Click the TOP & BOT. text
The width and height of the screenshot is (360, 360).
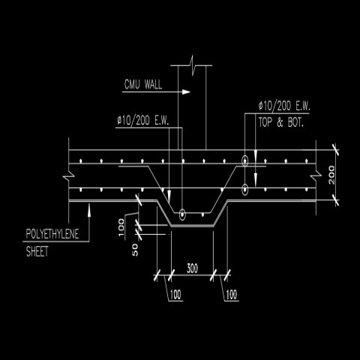pyautogui.click(x=280, y=120)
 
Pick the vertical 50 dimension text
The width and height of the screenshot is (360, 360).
pyautogui.click(x=136, y=250)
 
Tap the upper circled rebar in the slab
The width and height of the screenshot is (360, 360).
pyautogui.click(x=245, y=160)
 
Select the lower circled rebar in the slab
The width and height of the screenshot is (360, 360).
pyautogui.click(x=245, y=189)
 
